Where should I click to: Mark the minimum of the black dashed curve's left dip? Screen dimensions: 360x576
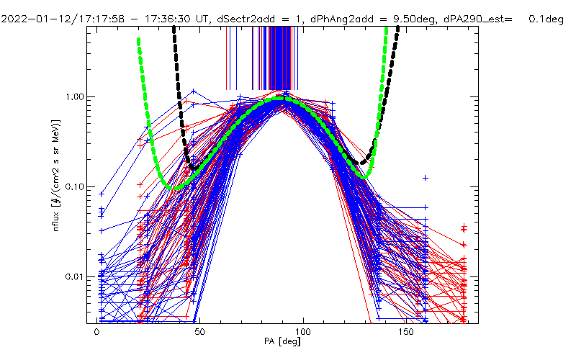point(193,168)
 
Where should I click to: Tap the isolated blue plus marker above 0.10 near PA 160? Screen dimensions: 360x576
point(426,177)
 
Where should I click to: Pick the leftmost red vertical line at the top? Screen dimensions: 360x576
point(227,58)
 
